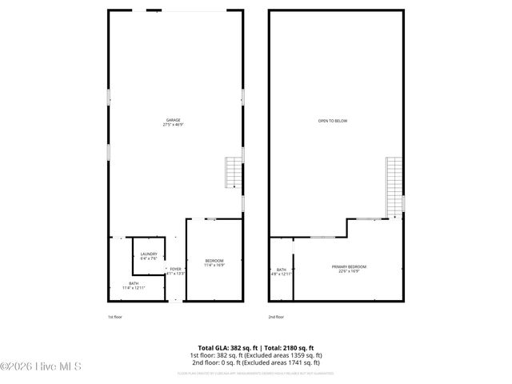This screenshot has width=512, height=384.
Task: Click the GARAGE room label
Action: pyautogui.click(x=174, y=120)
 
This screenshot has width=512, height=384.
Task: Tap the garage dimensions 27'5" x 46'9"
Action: pyautogui.click(x=174, y=125)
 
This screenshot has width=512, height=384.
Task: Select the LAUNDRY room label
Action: pyautogui.click(x=149, y=254)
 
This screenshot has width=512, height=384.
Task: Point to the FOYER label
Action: pyautogui.click(x=175, y=269)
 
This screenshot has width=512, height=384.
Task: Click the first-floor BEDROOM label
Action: pyautogui.click(x=214, y=260)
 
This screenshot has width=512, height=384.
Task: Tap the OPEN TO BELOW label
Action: pyautogui.click(x=333, y=121)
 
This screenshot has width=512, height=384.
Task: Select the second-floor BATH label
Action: pyautogui.click(x=282, y=270)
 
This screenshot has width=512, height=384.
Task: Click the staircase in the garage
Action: pyautogui.click(x=232, y=171)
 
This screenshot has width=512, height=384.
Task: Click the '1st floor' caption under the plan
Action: pyautogui.click(x=115, y=317)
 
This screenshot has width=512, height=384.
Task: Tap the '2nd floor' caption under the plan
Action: pyautogui.click(x=275, y=317)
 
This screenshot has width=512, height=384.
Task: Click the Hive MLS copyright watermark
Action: pyautogui.click(x=47, y=367)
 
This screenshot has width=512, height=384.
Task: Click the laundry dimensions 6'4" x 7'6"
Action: pyautogui.click(x=149, y=259)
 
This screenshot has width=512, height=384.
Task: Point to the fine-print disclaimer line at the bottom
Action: pyautogui.click(x=255, y=373)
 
